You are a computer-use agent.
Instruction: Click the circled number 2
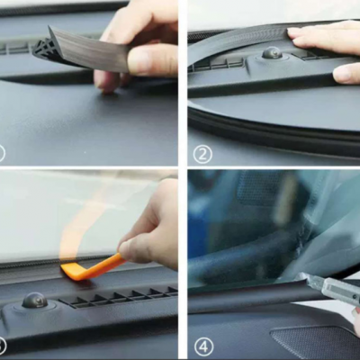[202, 155]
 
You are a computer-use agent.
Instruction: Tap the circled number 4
[204, 347]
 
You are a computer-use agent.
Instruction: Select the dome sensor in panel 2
[272, 53]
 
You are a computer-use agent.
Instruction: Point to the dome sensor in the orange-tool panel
[35, 300]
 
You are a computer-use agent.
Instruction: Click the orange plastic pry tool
[93, 268]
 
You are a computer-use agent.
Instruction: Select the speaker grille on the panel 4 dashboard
[315, 340]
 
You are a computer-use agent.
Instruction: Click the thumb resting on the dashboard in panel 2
[347, 74]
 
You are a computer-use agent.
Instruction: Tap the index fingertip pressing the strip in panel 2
[295, 32]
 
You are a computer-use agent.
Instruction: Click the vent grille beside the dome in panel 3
[119, 296]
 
